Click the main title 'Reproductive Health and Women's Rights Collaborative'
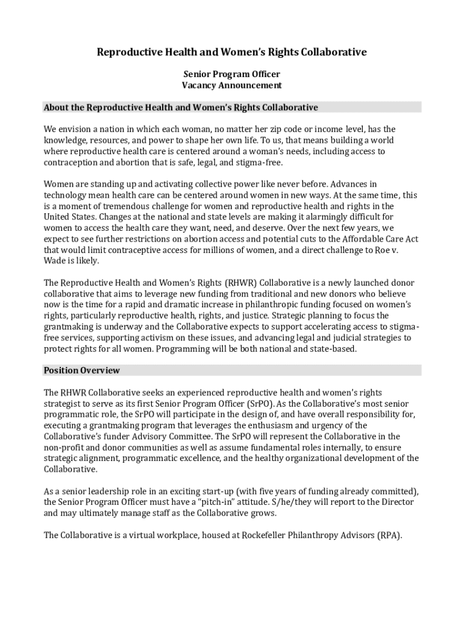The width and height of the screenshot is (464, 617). click(232, 52)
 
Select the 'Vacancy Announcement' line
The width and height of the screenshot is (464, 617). click(232, 86)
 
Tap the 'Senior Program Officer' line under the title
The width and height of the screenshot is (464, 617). click(232, 74)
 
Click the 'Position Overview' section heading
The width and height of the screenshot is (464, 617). click(81, 371)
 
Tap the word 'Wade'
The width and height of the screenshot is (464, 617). click(55, 261)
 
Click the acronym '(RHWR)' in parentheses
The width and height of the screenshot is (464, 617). click(240, 283)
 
